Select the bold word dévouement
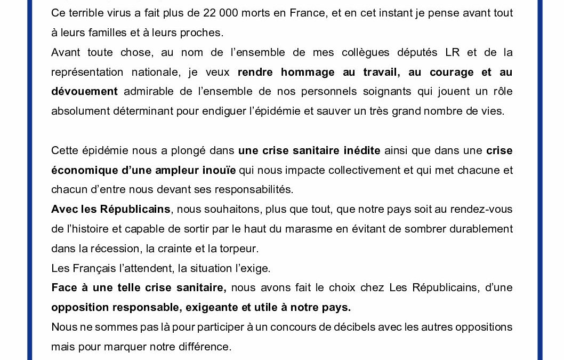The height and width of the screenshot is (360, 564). (x=84, y=91)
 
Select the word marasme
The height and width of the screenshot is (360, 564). (x=309, y=229)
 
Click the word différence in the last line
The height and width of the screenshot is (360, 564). (x=204, y=347)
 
